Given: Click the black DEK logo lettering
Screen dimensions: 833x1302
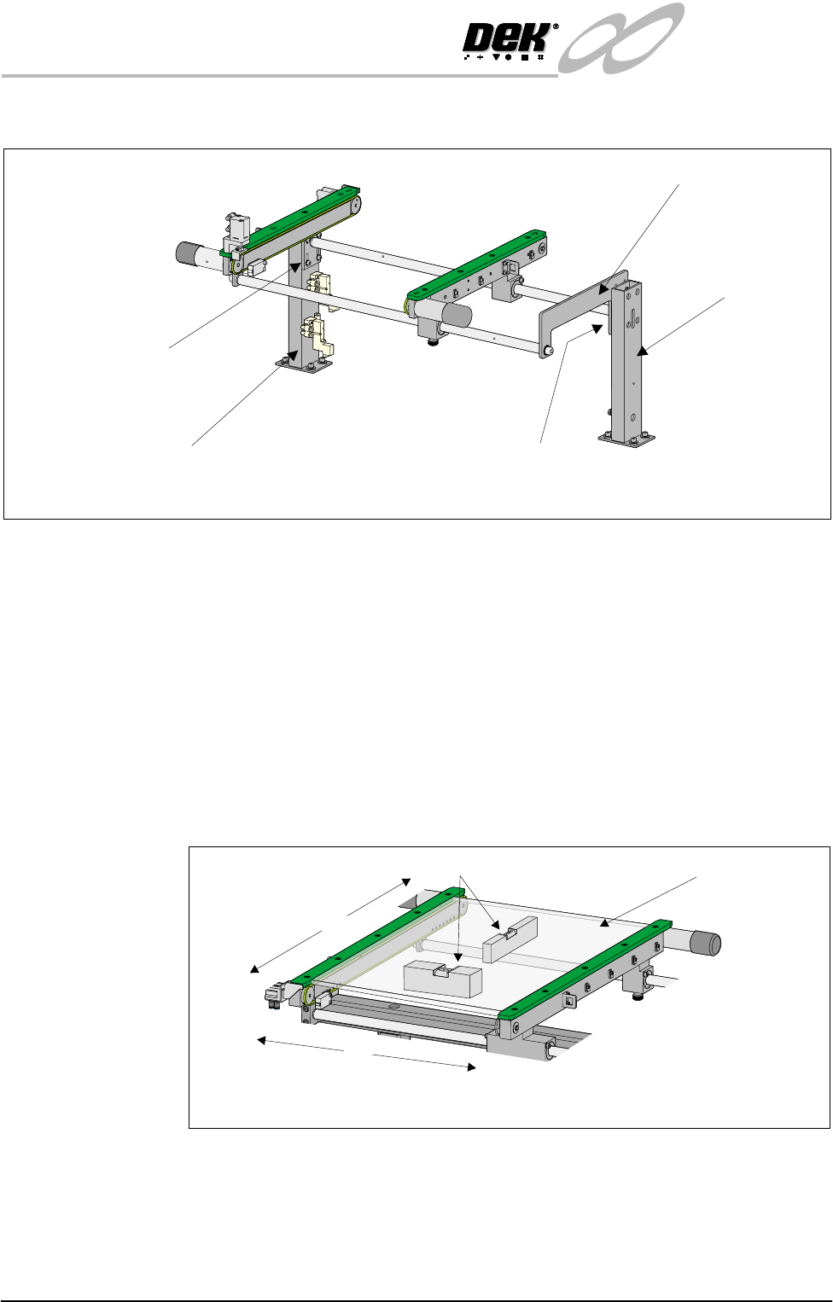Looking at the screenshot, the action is point(507,38).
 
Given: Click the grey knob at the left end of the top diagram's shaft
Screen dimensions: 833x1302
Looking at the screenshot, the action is point(186,253).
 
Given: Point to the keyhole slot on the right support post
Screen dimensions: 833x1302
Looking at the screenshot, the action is point(632,317).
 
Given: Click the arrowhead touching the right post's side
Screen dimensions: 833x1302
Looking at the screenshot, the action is point(641,351).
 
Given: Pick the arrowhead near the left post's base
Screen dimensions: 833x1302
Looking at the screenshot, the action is point(294,355).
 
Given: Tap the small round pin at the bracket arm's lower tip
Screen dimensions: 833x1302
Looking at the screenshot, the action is point(547,351).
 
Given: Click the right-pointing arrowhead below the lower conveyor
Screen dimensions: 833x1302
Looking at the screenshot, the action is point(471,1067).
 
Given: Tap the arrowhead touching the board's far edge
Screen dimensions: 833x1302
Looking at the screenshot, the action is point(605,922).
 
